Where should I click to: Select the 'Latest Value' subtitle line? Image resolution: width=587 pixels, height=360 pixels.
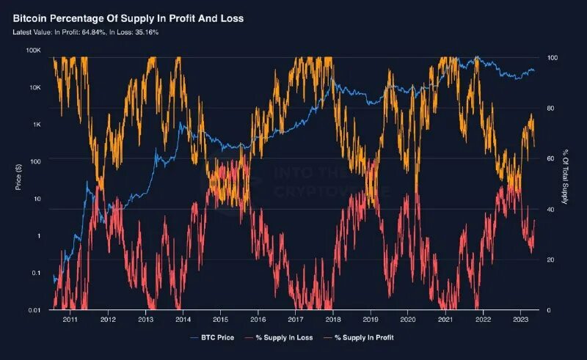click(87, 32)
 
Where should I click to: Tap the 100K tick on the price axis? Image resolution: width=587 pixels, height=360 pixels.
click(32, 50)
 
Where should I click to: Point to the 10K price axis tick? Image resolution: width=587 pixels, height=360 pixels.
click(34, 87)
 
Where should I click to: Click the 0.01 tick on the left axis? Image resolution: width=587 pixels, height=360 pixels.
click(33, 310)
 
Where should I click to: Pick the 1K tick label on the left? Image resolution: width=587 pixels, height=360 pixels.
click(36, 124)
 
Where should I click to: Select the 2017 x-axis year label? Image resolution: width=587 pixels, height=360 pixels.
click(295, 320)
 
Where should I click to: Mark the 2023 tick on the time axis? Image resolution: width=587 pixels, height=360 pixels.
click(520, 320)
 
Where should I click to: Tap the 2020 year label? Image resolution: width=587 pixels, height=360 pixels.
click(408, 320)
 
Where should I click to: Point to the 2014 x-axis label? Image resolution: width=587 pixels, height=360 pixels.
click(183, 320)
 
